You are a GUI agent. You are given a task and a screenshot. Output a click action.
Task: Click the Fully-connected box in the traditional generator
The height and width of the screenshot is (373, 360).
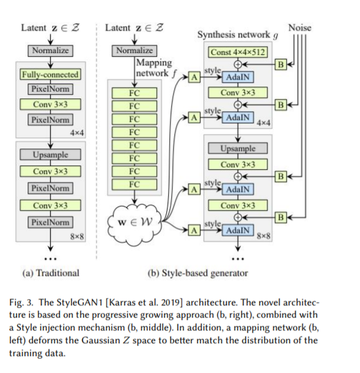(50, 74)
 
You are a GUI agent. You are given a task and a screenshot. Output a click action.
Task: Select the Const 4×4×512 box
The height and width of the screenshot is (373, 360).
(238, 52)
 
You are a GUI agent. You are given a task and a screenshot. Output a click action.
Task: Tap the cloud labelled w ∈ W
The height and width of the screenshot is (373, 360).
(134, 222)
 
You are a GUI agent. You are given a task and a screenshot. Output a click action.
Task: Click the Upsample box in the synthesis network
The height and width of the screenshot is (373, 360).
(238, 148)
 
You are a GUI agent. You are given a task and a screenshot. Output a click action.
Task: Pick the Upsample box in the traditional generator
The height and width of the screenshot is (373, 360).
(50, 154)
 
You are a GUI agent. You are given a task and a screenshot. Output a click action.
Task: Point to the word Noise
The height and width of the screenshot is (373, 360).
(299, 28)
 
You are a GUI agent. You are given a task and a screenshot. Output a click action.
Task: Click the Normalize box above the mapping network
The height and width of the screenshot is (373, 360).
(134, 51)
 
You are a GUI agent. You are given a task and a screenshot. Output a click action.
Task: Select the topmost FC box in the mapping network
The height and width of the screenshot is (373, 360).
(134, 93)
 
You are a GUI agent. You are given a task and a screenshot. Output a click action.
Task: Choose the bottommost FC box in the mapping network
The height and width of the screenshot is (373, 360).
(134, 184)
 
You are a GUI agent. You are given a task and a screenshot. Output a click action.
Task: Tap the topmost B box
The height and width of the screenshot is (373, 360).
(281, 64)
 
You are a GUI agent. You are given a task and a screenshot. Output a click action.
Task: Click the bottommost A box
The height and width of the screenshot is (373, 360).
(194, 230)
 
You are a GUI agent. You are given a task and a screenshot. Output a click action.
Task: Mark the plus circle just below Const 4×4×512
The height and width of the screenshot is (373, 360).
(238, 64)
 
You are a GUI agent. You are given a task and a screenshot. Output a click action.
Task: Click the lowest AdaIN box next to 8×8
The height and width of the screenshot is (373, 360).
(238, 230)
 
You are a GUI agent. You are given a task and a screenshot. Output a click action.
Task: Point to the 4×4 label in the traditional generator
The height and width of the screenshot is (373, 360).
(77, 132)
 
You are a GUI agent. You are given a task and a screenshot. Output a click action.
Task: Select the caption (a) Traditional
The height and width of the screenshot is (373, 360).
(51, 273)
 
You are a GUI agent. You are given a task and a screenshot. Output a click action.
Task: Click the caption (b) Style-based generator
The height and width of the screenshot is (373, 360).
(198, 273)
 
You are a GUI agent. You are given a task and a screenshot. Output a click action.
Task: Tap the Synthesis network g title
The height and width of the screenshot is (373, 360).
(238, 35)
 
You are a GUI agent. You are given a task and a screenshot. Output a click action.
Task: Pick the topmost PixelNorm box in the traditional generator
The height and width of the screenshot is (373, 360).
(50, 89)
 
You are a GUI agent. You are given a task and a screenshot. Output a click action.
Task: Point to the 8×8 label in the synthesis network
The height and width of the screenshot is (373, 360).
(263, 236)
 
